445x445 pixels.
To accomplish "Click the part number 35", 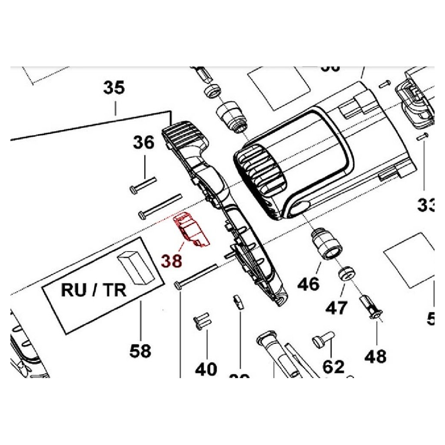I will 114,88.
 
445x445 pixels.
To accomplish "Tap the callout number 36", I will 143,143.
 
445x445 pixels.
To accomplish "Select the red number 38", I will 172,260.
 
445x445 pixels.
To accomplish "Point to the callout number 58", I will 140,350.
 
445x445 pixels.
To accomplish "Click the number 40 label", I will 206,369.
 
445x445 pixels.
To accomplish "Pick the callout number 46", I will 309,284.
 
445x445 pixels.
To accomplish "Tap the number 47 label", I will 337,308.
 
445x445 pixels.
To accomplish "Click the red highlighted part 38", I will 191,231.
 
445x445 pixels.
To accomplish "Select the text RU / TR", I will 93,290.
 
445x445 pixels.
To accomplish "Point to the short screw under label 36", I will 143,184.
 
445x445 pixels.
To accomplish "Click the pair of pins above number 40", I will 202,321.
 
